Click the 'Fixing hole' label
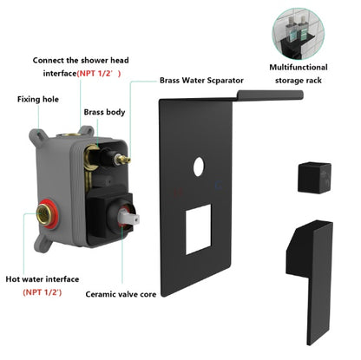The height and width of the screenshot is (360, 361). pos(38,100)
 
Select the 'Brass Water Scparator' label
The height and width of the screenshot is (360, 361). pos(201,81)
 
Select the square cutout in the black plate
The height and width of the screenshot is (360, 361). pos(198,226)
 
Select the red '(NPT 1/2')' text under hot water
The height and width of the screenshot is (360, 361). pos(43,294)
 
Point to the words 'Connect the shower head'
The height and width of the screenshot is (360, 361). pos(82,61)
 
